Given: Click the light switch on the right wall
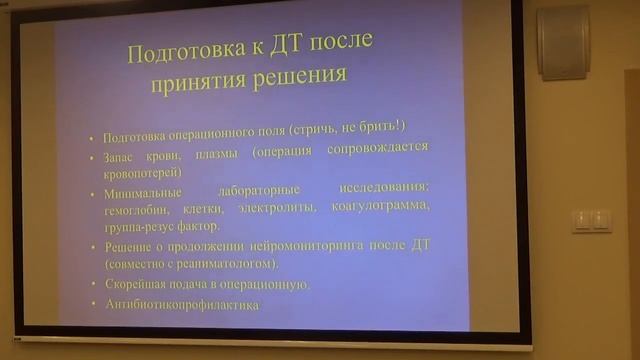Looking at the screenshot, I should [591, 220].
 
